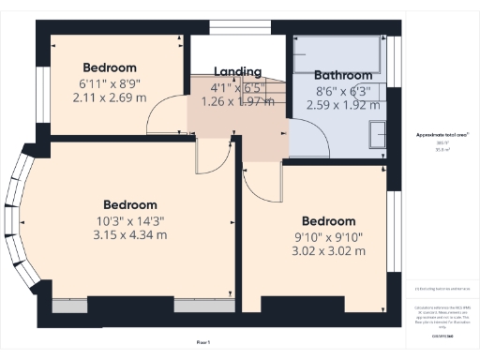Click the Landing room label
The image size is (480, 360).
pyautogui.click(x=236, y=71)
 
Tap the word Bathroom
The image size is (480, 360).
pyautogui.click(x=343, y=75)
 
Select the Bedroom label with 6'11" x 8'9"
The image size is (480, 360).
pyautogui.click(x=110, y=67)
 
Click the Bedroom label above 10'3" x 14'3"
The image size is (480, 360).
pyautogui.click(x=129, y=204)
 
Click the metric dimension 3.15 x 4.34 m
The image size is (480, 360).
pyautogui.click(x=129, y=234)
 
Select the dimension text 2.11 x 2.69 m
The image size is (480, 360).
pyautogui.click(x=110, y=97)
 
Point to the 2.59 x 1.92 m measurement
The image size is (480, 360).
pyautogui.click(x=343, y=106)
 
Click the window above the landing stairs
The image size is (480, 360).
pyautogui.click(x=236, y=27)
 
